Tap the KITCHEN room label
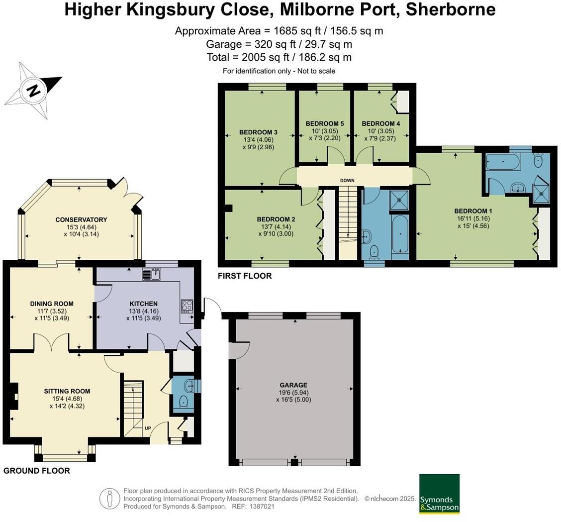click(143, 304)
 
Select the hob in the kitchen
click(187, 307)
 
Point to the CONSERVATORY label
click(81, 219)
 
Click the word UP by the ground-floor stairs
click(148, 428)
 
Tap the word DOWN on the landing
click(347, 181)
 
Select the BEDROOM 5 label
click(324, 123)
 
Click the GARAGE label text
click(293, 385)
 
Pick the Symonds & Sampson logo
click(439, 494)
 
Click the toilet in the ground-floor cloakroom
click(183, 402)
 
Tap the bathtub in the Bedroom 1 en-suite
click(503, 162)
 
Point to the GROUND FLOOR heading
click(37, 470)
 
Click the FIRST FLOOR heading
click(245, 276)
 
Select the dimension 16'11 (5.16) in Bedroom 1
click(473, 218)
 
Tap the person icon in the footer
click(109, 499)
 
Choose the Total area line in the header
click(279, 57)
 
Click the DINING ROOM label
click(52, 304)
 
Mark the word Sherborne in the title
click(451, 9)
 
